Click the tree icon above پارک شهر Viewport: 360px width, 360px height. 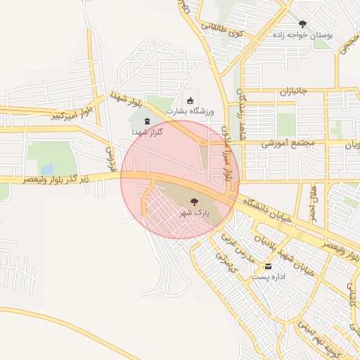195,202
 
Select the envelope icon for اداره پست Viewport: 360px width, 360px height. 268,266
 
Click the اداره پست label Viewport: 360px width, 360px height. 268,277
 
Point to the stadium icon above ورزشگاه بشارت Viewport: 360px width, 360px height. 189,101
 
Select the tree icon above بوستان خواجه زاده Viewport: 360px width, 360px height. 303,24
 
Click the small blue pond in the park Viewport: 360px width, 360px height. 46,169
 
